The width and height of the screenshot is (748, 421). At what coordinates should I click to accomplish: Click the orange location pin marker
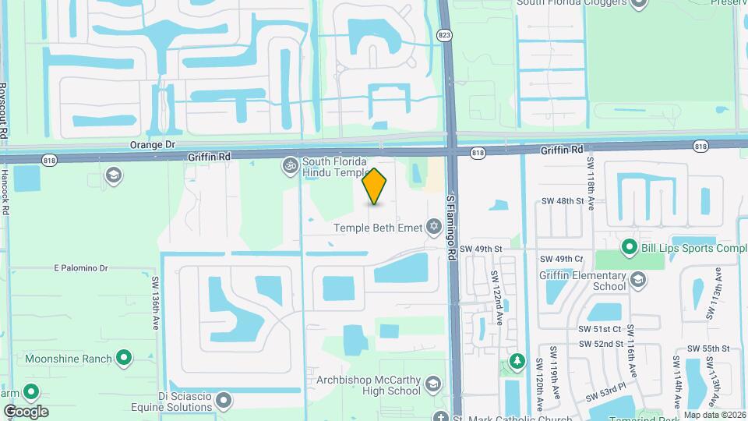(375, 186)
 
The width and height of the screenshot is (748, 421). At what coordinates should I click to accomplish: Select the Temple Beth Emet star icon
(434, 228)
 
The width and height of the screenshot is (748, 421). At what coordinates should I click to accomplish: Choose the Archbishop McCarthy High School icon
(433, 384)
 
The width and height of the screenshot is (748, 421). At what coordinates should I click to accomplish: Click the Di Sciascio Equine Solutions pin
(224, 401)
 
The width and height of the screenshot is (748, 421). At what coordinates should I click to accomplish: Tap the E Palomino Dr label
(80, 267)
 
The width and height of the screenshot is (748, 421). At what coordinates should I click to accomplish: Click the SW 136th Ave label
(155, 302)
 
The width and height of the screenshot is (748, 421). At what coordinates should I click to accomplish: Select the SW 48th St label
(563, 201)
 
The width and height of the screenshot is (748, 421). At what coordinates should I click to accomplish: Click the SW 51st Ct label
(601, 330)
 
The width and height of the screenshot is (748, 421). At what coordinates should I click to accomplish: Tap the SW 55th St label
(707, 348)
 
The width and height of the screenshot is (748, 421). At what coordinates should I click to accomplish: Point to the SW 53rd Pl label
(607, 388)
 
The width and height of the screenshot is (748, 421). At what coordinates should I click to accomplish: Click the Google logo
(26, 411)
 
